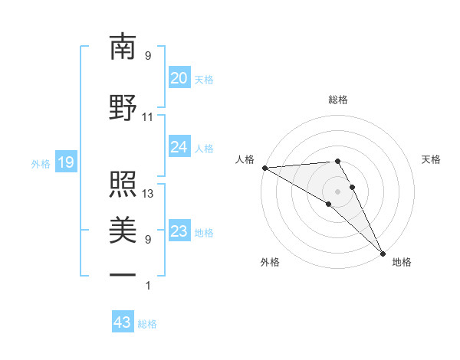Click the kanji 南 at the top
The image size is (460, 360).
(123, 47)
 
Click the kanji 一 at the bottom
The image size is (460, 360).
(123, 274)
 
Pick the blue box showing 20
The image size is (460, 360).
(179, 78)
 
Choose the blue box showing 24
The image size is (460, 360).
(179, 147)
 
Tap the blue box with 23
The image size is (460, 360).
(179, 231)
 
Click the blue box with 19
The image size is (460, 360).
(65, 162)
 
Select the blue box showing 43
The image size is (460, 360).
(122, 322)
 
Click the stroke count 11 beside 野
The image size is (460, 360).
(147, 117)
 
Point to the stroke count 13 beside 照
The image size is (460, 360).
(148, 194)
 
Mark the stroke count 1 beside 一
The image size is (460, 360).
(147, 286)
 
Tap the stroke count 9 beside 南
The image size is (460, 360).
(147, 56)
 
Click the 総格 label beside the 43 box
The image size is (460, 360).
(147, 324)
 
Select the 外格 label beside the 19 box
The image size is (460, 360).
(40, 163)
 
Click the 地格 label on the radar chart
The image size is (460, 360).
(402, 262)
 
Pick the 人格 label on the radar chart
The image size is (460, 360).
(245, 159)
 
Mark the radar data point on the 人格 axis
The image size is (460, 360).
(264, 168)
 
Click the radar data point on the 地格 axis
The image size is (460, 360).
(383, 253)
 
